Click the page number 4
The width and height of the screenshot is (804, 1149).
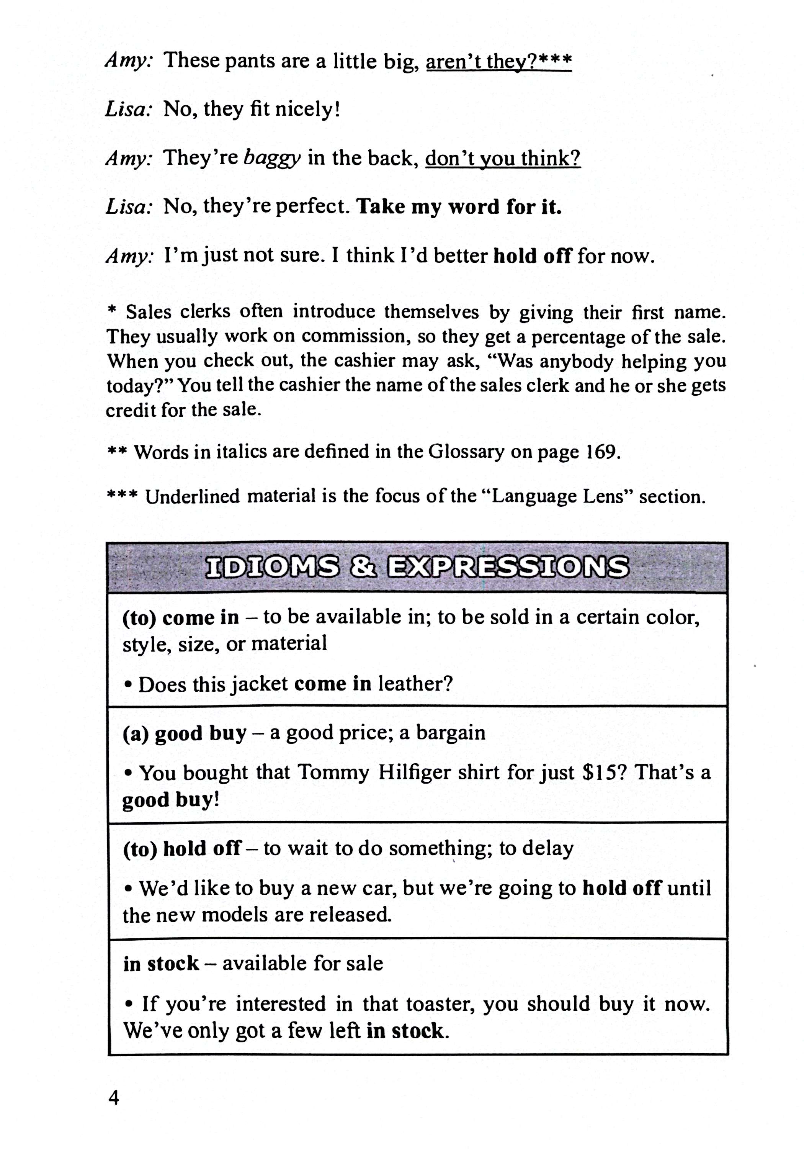click(x=114, y=1098)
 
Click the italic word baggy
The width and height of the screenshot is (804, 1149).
click(x=272, y=158)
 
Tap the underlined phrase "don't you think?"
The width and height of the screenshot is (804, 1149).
click(x=502, y=158)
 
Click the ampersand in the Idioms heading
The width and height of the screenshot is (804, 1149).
click(x=363, y=567)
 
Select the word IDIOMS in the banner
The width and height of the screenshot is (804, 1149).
click(x=272, y=567)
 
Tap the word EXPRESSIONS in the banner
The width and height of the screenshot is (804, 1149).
click(x=508, y=567)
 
